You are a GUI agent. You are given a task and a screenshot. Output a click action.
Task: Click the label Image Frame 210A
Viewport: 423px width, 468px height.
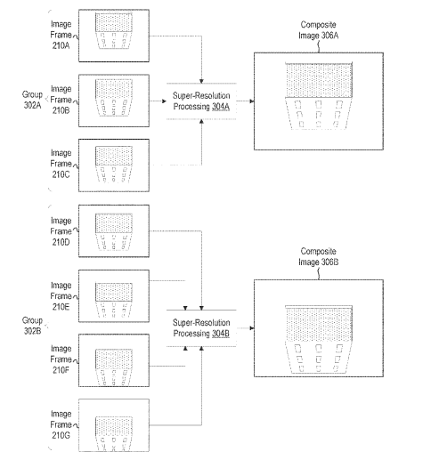coord(61,35)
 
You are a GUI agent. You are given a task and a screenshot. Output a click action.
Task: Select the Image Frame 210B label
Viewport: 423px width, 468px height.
coord(61,100)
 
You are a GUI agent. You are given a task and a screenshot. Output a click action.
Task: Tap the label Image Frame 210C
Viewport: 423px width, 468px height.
coord(61,164)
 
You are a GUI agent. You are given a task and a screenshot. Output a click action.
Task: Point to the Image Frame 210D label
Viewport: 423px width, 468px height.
coord(61,231)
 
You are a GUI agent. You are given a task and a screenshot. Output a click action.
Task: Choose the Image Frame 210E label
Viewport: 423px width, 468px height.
coord(61,296)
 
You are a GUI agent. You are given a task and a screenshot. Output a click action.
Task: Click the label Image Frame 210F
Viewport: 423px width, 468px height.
coord(61,359)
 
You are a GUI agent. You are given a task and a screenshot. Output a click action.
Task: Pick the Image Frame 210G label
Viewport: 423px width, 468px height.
coord(61,424)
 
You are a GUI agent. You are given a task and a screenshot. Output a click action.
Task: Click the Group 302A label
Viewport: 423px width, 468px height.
coord(32,100)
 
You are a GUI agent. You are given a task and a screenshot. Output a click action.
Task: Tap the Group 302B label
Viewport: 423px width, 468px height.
coord(32,326)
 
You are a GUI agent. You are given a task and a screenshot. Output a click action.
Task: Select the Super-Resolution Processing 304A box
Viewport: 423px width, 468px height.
coord(201,101)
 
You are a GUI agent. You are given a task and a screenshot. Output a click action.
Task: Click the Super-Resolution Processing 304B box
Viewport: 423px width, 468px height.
coord(201,328)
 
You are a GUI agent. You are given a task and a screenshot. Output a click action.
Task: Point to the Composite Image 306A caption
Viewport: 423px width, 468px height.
coord(319,30)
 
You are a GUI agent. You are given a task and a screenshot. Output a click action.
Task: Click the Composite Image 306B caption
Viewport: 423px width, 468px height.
coord(319,256)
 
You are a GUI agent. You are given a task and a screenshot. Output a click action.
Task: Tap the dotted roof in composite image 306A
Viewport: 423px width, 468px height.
coord(319,80)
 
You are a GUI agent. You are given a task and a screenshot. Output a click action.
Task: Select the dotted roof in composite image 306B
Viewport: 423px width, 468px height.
coord(319,324)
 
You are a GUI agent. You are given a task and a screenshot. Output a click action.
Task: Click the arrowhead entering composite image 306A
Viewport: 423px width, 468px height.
coord(252,101)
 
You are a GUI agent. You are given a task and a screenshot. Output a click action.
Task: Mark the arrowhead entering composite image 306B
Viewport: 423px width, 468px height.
coord(252,328)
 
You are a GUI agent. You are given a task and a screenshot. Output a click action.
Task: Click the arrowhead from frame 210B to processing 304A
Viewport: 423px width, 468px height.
coord(164,101)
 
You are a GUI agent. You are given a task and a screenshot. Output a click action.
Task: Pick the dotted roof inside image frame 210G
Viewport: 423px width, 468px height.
coord(114,427)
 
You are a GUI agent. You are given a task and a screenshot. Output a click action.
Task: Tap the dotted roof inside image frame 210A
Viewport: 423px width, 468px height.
coord(114,22)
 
